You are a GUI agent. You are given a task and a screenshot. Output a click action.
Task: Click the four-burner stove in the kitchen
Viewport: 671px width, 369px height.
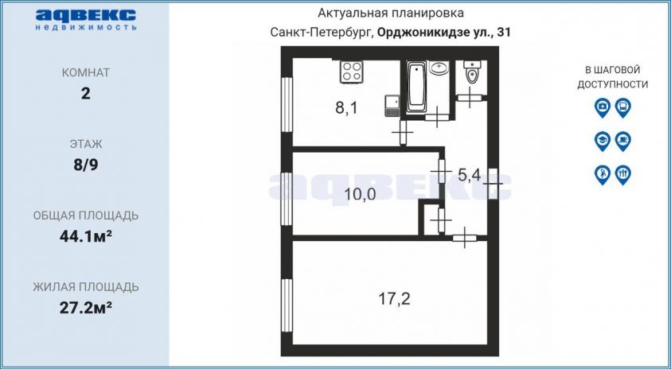(352, 72)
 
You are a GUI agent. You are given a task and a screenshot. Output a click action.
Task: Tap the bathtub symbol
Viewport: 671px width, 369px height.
(416, 87)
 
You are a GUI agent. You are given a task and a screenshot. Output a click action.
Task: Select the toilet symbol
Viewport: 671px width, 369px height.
(472, 72)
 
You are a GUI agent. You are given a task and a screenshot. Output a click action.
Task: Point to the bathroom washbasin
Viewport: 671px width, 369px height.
(439, 68)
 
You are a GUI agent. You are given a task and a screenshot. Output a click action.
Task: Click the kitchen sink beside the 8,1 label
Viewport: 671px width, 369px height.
(392, 106)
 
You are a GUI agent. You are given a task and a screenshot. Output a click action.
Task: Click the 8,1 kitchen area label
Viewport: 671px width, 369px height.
(345, 108)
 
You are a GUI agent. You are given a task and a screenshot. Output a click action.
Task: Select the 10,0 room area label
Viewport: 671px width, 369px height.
(361, 195)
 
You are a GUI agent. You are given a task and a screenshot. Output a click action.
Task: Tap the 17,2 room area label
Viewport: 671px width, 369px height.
(394, 298)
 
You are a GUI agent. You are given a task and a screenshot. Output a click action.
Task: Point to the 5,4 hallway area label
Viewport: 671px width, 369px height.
(470, 175)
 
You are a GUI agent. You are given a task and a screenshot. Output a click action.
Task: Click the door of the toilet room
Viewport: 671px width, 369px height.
(470, 98)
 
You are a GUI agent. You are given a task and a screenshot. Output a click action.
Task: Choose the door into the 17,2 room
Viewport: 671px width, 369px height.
(465, 237)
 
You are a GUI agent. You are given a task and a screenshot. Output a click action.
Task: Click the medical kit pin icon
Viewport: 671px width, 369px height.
(602, 107)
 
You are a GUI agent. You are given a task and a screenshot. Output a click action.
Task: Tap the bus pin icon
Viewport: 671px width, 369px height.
(622, 107)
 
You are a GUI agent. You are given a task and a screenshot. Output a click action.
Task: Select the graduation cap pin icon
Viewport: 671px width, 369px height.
(602, 141)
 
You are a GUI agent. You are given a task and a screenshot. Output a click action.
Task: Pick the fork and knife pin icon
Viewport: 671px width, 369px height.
(622, 175)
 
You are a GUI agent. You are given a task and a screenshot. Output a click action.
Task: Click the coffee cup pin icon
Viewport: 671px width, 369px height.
(622, 141)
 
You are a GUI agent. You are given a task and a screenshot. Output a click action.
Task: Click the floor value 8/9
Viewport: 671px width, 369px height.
(86, 165)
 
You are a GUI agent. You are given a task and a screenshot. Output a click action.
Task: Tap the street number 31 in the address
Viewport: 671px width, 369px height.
(503, 33)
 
